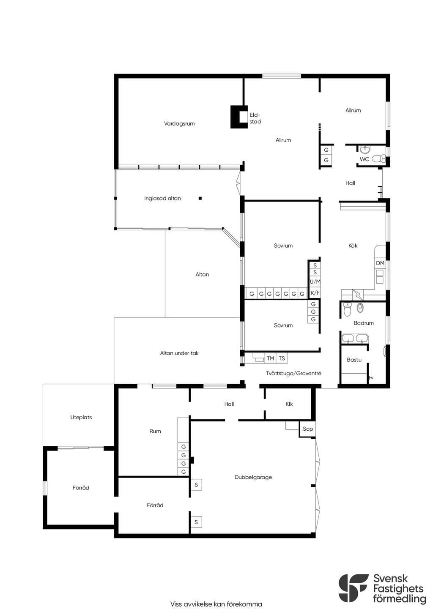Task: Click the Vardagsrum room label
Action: [x=179, y=123]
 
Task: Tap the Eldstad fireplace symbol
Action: [x=239, y=117]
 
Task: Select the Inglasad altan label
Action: [x=162, y=198]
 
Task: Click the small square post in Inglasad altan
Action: [x=200, y=198]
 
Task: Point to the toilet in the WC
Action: [x=378, y=158]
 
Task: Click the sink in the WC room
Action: [x=364, y=150]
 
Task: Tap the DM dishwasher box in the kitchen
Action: [x=380, y=263]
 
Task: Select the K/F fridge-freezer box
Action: [x=315, y=293]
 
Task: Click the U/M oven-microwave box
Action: [x=315, y=281]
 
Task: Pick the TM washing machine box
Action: [x=270, y=358]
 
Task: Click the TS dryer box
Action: [x=282, y=358]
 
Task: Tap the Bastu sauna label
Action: [x=354, y=360]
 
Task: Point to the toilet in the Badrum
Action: [x=347, y=309]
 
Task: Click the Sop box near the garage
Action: [x=307, y=429]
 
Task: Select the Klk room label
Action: [x=289, y=404]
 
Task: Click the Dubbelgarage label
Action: [x=253, y=477]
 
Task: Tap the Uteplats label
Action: [x=81, y=417]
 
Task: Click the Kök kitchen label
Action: [x=353, y=246]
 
